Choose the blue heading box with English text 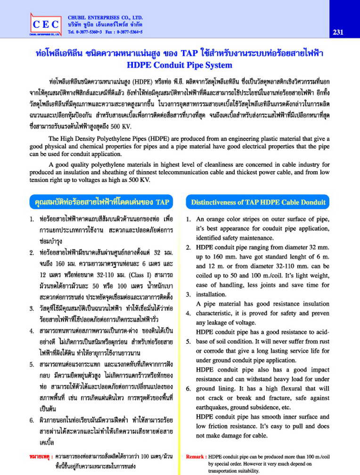(258, 202)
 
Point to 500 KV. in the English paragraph (139, 180)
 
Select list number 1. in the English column (188, 220)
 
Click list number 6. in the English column (188, 388)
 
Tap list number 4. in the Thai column (31, 332)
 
